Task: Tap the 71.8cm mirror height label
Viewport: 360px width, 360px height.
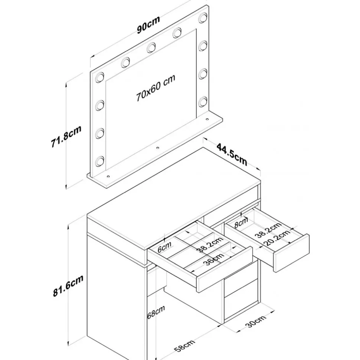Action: click(66, 136)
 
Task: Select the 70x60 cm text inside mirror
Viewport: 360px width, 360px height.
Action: click(156, 88)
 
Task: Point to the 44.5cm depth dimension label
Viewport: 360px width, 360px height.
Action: click(232, 154)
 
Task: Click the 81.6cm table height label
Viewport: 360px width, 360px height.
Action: click(68, 285)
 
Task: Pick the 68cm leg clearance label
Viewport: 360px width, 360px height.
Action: click(156, 312)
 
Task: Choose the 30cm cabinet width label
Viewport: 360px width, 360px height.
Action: click(256, 321)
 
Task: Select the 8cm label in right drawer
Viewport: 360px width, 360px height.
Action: click(241, 222)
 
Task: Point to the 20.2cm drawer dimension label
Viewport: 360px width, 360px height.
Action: click(278, 238)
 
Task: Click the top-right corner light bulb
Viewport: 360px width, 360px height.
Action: click(203, 18)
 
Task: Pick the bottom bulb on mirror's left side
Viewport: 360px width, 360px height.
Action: click(100, 161)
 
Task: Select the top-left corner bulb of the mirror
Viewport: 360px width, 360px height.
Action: click(100, 77)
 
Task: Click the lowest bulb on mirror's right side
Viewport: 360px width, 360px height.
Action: click(203, 102)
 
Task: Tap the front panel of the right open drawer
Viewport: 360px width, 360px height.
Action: click(291, 253)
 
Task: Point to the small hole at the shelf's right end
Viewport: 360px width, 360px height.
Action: click(207, 119)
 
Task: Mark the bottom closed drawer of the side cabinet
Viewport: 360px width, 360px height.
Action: click(241, 307)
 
